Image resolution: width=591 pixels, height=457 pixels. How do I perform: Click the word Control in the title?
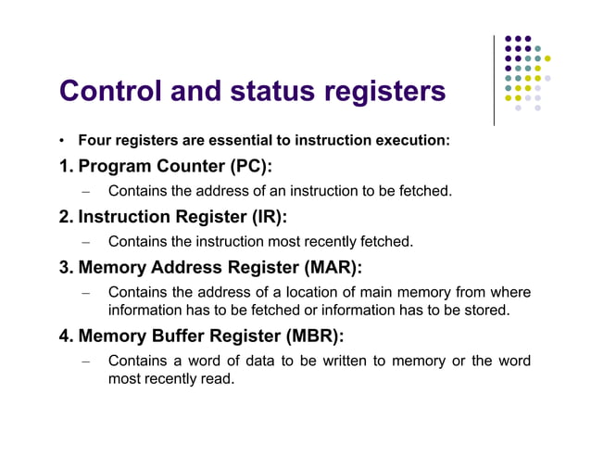pos(110,92)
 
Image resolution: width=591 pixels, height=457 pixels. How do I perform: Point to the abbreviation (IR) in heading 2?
pos(265,217)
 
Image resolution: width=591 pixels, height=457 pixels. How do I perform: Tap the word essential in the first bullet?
pos(245,141)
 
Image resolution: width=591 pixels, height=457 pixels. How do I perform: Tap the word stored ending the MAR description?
pos(486,310)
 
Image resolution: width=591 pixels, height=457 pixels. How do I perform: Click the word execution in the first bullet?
pos(412,141)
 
